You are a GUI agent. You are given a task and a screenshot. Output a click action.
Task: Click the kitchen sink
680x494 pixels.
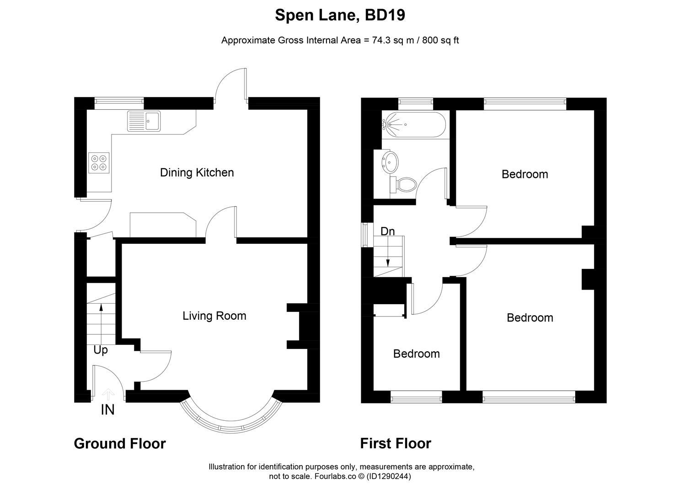144,121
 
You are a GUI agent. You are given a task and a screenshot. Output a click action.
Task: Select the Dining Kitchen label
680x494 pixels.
197,172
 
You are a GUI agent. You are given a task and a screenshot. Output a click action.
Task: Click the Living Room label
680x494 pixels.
214,316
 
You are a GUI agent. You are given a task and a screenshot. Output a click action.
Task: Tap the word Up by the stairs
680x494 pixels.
101,350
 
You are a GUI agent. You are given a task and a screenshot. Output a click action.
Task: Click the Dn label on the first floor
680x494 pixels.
387,231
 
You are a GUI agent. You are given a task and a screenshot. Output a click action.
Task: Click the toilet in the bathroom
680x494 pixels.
404,185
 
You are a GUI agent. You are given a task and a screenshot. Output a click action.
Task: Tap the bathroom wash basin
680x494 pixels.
390,161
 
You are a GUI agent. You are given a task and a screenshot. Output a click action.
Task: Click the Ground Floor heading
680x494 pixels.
119,443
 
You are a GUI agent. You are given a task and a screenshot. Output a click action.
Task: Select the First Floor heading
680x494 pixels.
395,443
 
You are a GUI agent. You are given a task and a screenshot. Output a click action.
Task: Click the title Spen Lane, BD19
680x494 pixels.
340,15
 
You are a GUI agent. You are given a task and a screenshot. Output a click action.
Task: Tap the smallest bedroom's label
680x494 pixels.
416,354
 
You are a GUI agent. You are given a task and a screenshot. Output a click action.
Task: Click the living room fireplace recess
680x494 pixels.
303,326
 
